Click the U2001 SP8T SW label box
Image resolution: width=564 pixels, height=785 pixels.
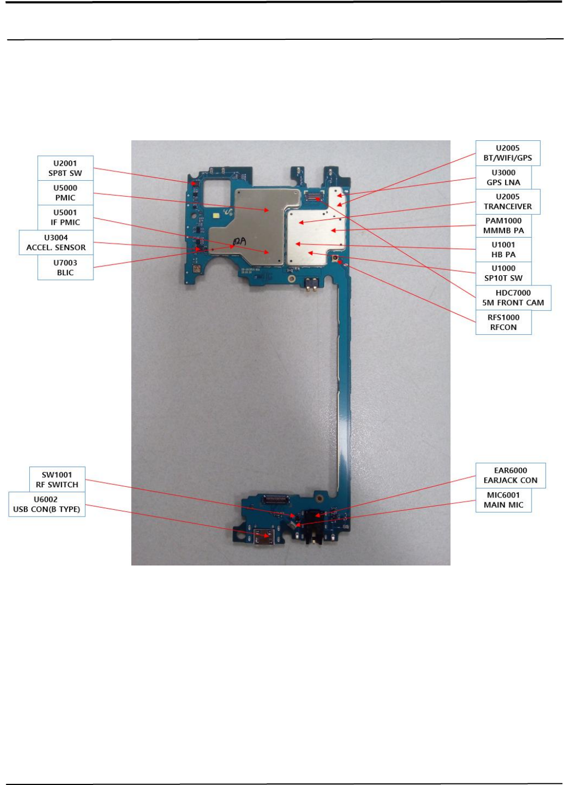pos(65,168)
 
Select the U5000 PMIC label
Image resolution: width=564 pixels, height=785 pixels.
pos(65,192)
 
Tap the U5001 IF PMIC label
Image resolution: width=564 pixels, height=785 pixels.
pos(65,217)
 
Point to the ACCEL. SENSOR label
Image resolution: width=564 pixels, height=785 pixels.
pos(56,242)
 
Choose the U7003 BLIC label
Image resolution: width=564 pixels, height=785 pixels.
pos(65,267)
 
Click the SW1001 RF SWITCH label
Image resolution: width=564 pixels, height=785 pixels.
pos(57,479)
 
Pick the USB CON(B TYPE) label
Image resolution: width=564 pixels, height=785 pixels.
pos(47,504)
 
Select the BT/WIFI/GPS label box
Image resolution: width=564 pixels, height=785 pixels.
pos(507,153)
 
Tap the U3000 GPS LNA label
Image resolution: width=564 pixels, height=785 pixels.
pos(503,177)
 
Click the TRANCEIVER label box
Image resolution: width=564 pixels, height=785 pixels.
pos(507,201)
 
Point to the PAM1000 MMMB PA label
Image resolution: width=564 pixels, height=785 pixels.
pos(503,225)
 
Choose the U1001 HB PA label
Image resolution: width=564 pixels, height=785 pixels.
pos(503,249)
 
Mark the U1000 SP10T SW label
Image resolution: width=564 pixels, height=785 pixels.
pos(503,273)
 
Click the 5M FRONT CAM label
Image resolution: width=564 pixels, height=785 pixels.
pos(512,298)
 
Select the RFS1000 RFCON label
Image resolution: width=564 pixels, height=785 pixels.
pos(503,322)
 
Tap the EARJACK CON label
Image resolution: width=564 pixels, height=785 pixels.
pos(510,475)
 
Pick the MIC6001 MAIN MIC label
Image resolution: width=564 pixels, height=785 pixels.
pos(503,500)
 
